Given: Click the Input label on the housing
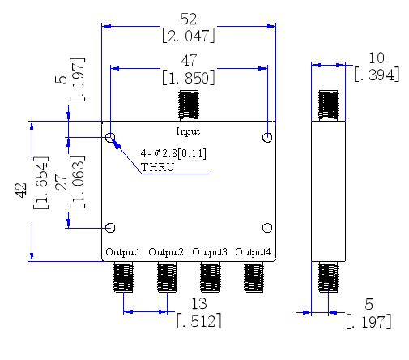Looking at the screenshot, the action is pyautogui.click(x=188, y=131).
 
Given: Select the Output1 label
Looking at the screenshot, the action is pyautogui.click(x=122, y=252).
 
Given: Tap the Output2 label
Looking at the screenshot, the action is pyautogui.click(x=166, y=252).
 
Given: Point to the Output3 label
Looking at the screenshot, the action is pyautogui.click(x=210, y=252).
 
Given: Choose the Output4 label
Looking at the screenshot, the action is pyautogui.click(x=253, y=252).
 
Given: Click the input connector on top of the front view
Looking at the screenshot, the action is pyautogui.click(x=189, y=105).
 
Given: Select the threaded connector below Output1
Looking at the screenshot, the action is pyautogui.click(x=123, y=277).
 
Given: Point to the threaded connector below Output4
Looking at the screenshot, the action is pyautogui.click(x=253, y=277).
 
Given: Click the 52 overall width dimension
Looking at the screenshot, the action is pyautogui.click(x=189, y=19).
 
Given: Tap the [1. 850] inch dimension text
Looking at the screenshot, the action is pyautogui.click(x=189, y=78).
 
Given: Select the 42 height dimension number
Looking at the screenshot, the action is pyautogui.click(x=21, y=191).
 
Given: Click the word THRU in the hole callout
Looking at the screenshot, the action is pyautogui.click(x=158, y=167).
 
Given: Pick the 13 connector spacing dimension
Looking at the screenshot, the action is pyautogui.click(x=199, y=304).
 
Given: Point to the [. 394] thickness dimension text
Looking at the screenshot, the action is pyautogui.click(x=377, y=75).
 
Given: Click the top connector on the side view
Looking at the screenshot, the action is pyautogui.click(x=328, y=105).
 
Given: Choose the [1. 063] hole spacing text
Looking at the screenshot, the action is pyautogui.click(x=78, y=182).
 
